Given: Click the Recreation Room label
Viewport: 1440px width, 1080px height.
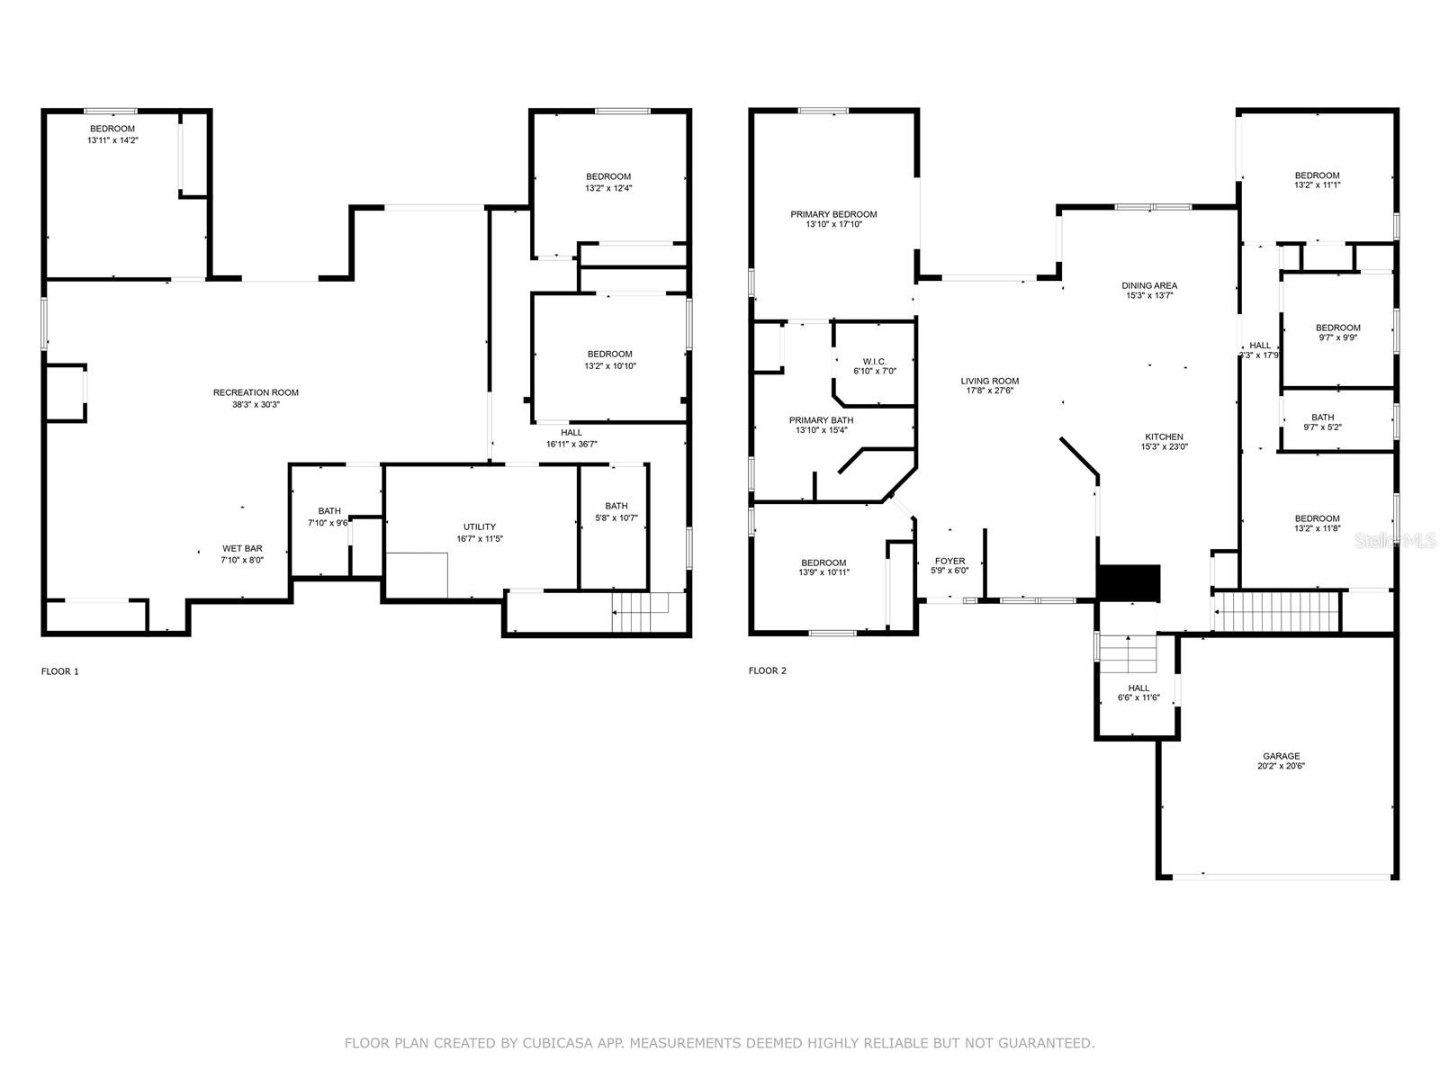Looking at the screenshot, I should [x=256, y=392].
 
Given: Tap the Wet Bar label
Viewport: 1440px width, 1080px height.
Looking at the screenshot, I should [x=242, y=548].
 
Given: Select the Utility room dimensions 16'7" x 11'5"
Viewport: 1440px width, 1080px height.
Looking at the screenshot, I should [x=479, y=539].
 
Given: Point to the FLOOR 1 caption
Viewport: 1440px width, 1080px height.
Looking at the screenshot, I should [x=60, y=671].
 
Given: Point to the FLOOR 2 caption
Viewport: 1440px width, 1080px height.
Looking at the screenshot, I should [x=768, y=670].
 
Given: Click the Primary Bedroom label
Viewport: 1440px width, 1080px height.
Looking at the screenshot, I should [x=833, y=214].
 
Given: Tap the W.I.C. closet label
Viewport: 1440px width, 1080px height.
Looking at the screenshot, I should [x=875, y=362].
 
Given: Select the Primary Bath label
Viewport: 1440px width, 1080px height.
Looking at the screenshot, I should [x=821, y=420].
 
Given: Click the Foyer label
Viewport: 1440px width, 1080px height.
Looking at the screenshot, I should [x=949, y=561].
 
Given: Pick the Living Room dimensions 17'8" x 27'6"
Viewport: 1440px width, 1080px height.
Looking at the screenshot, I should [x=989, y=391].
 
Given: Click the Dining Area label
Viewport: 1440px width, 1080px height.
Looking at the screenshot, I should [x=1149, y=285].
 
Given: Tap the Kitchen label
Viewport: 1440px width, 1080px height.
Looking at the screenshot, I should [x=1164, y=436].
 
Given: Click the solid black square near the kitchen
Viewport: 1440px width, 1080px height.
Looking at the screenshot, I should [x=1129, y=582].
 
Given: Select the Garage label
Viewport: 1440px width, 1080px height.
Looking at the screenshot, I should [x=1281, y=756].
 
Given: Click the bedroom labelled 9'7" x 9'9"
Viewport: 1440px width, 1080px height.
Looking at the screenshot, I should [x=1337, y=332].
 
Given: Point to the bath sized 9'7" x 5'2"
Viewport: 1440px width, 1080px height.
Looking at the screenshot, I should [x=1322, y=422].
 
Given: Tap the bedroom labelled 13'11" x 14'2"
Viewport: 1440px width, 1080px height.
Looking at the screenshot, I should [x=112, y=135].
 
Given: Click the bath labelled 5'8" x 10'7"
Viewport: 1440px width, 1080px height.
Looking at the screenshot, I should [x=616, y=511].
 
